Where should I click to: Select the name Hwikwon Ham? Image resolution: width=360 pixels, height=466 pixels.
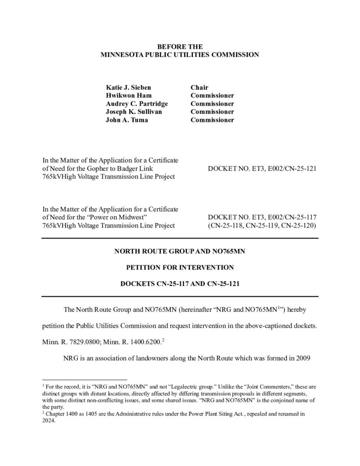pyautogui.click(x=126, y=96)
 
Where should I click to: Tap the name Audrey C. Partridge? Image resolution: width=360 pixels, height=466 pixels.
pyautogui.click(x=131, y=104)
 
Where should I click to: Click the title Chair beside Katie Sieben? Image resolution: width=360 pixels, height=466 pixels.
pyautogui.click(x=199, y=87)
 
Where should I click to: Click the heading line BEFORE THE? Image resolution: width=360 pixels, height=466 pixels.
pyautogui.click(x=180, y=46)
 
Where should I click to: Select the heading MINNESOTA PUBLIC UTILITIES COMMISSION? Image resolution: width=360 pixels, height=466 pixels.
pyautogui.click(x=180, y=55)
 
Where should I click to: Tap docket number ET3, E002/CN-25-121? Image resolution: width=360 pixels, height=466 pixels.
pyautogui.click(x=262, y=168)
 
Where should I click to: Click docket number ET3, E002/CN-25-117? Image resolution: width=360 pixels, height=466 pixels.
pyautogui.click(x=262, y=217)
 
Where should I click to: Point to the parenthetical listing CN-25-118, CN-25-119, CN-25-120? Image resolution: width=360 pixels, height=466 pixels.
pyautogui.click(x=262, y=225)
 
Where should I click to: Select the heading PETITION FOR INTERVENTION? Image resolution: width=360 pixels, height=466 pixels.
pyautogui.click(x=180, y=267)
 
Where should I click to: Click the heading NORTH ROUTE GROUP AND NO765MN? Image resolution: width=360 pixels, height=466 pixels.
pyautogui.click(x=180, y=250)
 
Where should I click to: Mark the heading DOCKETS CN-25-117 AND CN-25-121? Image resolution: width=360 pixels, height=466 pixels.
pyautogui.click(x=180, y=284)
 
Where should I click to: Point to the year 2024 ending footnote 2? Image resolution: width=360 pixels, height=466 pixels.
pyautogui.click(x=49, y=420)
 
